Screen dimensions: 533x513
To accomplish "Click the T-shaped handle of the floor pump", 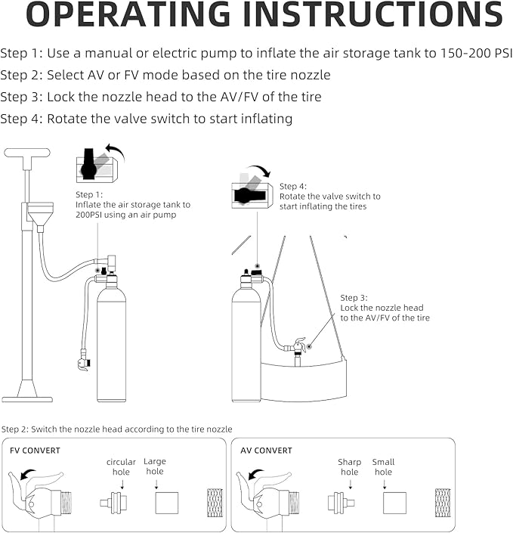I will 27,153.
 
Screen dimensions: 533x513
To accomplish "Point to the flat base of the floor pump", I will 27,398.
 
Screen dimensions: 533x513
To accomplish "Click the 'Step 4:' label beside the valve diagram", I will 293,186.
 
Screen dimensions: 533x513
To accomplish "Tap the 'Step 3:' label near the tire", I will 354,298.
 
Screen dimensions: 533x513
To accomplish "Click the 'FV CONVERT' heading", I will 36,451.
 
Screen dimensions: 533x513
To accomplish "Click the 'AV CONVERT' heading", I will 267,451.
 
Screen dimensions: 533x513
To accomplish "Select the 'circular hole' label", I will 121,467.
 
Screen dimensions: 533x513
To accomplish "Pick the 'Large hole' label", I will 154,466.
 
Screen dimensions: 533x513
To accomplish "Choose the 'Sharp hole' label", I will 350,467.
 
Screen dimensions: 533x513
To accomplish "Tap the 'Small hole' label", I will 383,467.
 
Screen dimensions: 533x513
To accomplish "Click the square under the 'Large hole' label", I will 167,503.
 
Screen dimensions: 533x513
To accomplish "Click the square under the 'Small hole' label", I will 394,503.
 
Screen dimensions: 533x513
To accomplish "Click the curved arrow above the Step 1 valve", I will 114,149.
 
